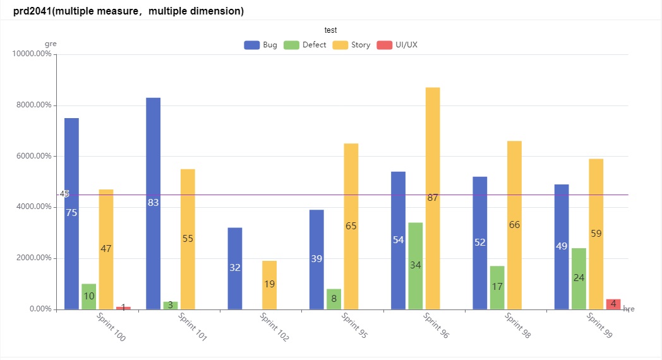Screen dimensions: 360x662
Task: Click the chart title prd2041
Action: click(x=128, y=11)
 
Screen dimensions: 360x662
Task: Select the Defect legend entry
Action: click(x=305, y=45)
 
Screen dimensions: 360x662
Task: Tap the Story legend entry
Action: click(x=352, y=45)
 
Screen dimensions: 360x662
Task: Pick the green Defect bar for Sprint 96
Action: click(x=415, y=266)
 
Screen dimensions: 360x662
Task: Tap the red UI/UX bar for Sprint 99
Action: click(x=613, y=304)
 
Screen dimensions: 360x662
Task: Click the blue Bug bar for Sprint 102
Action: click(x=235, y=268)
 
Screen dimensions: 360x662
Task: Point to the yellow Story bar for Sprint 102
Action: click(x=269, y=285)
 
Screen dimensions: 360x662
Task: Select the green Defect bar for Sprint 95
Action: click(x=334, y=299)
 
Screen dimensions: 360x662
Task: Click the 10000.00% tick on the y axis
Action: click(x=32, y=54)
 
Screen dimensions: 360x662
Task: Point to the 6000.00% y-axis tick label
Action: click(x=33, y=156)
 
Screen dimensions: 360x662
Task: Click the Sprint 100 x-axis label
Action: click(x=111, y=327)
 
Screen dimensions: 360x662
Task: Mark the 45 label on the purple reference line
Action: click(x=64, y=194)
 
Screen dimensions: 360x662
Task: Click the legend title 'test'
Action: click(x=330, y=30)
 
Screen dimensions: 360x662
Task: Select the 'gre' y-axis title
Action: click(x=51, y=44)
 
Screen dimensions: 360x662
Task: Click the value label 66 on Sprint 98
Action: click(x=514, y=225)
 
